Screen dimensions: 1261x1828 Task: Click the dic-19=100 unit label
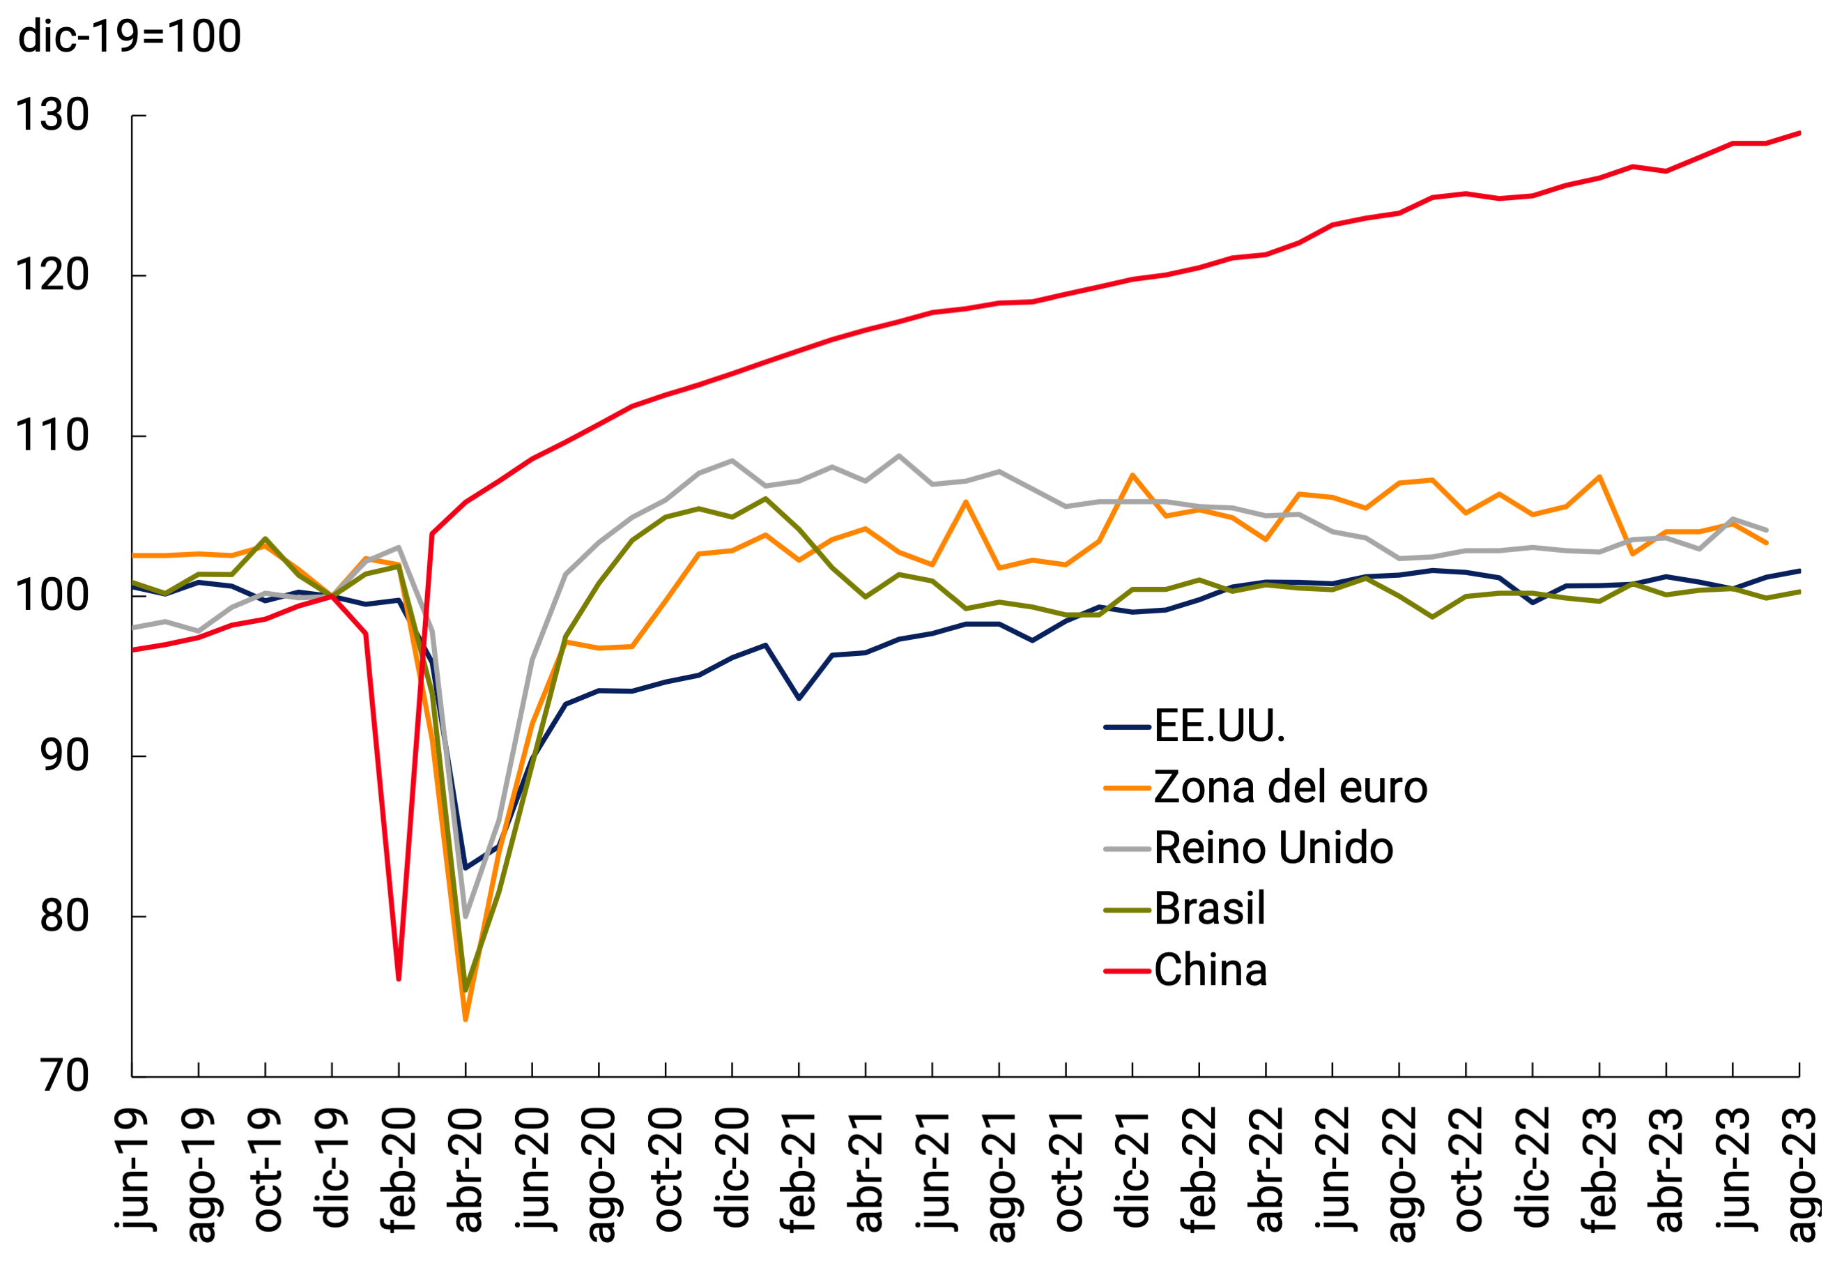click(130, 36)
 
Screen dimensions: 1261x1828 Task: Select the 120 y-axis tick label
click(52, 276)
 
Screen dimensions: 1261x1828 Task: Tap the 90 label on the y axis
click(65, 756)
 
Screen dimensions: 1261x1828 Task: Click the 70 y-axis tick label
click(65, 1076)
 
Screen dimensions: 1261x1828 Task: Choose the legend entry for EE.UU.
click(1219, 726)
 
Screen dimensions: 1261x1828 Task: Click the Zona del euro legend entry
click(1290, 787)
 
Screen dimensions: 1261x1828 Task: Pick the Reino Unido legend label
click(1273, 848)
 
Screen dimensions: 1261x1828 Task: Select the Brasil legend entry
click(1208, 908)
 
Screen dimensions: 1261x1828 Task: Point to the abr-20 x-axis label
click(466, 1170)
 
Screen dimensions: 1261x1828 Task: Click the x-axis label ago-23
click(1801, 1174)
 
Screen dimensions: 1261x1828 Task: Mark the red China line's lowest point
click(399, 979)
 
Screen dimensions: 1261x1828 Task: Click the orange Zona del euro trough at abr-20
click(466, 1019)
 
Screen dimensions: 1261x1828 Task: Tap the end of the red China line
click(1799, 132)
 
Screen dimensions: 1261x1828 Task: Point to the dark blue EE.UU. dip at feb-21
click(799, 698)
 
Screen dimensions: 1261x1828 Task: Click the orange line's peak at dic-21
click(1132, 475)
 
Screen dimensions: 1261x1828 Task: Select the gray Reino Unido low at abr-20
click(466, 917)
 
